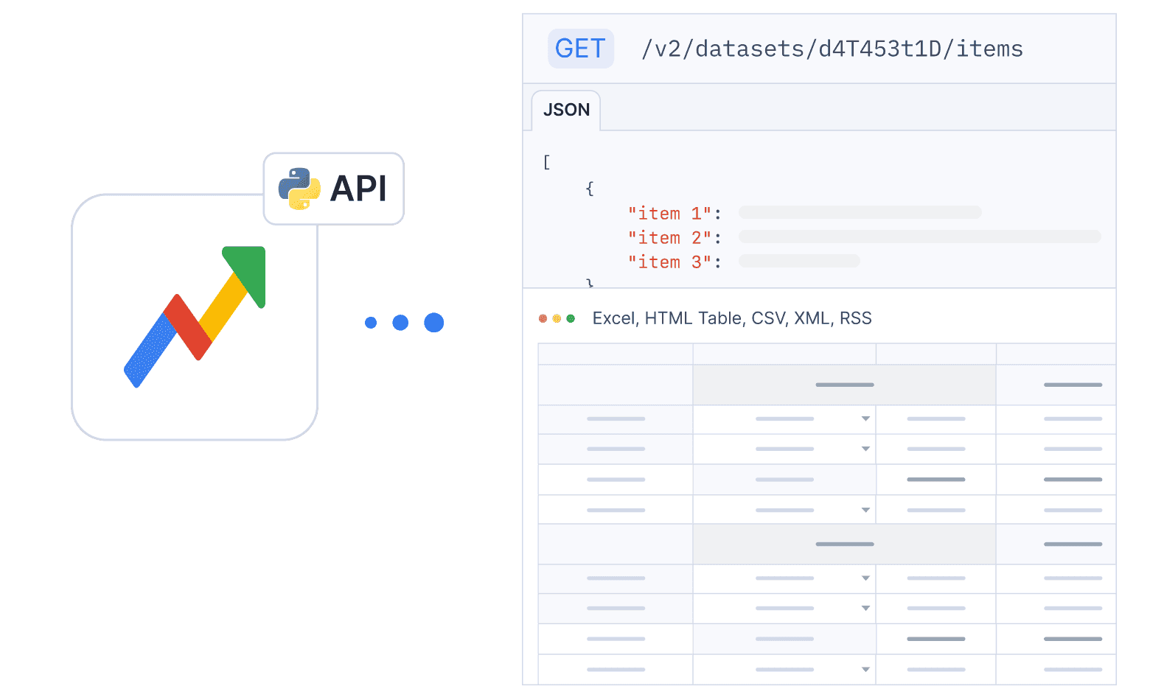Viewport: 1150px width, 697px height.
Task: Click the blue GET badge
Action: tap(581, 49)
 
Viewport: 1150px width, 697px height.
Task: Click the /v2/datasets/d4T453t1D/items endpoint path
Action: tap(832, 49)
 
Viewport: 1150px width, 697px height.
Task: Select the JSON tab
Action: tap(566, 110)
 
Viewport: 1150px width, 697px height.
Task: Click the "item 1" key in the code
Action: tap(669, 213)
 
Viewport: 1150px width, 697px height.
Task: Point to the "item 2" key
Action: tap(669, 238)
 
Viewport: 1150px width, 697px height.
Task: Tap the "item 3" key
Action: tap(669, 262)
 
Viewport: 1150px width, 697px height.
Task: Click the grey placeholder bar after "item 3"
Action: tap(799, 261)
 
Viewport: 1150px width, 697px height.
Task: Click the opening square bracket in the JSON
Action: tap(547, 162)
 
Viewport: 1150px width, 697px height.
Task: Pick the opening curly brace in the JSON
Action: tap(590, 189)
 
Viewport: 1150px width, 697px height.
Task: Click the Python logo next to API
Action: tap(300, 189)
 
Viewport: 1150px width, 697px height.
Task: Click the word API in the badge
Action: tap(358, 189)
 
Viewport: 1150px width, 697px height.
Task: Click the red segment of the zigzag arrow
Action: tap(187, 327)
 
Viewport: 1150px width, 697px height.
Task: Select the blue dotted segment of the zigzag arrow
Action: tap(150, 350)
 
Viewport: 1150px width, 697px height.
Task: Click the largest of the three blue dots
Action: tap(433, 322)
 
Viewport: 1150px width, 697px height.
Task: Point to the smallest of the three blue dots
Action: tap(371, 322)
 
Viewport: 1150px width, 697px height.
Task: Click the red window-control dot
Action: tap(543, 319)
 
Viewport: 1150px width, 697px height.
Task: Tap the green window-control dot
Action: tap(571, 319)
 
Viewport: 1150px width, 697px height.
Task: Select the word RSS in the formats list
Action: tap(856, 318)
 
